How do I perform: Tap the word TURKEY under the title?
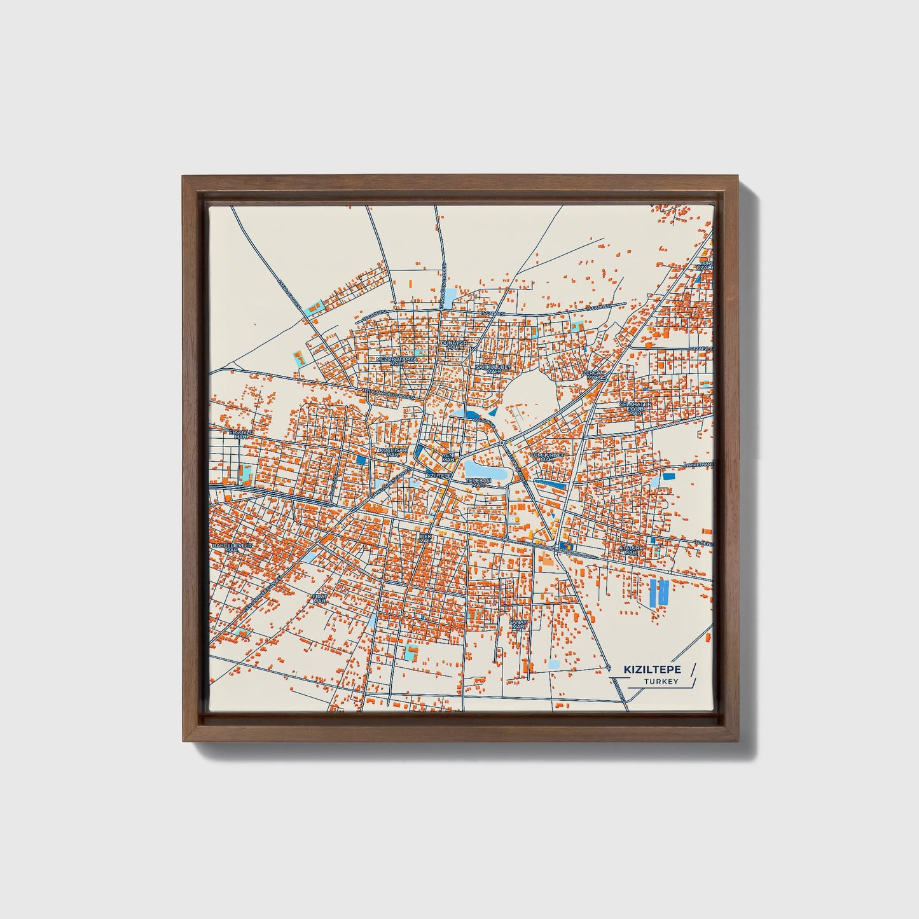(x=661, y=682)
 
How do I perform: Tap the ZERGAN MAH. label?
(x=593, y=375)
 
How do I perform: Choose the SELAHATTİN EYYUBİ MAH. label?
(x=635, y=408)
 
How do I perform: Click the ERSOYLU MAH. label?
(x=241, y=434)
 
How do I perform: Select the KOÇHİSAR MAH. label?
(x=392, y=452)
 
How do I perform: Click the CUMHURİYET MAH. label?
(x=547, y=457)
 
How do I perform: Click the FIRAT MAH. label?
(x=319, y=598)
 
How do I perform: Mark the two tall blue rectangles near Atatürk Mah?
(x=658, y=592)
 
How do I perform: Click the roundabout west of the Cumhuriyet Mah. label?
(x=502, y=441)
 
